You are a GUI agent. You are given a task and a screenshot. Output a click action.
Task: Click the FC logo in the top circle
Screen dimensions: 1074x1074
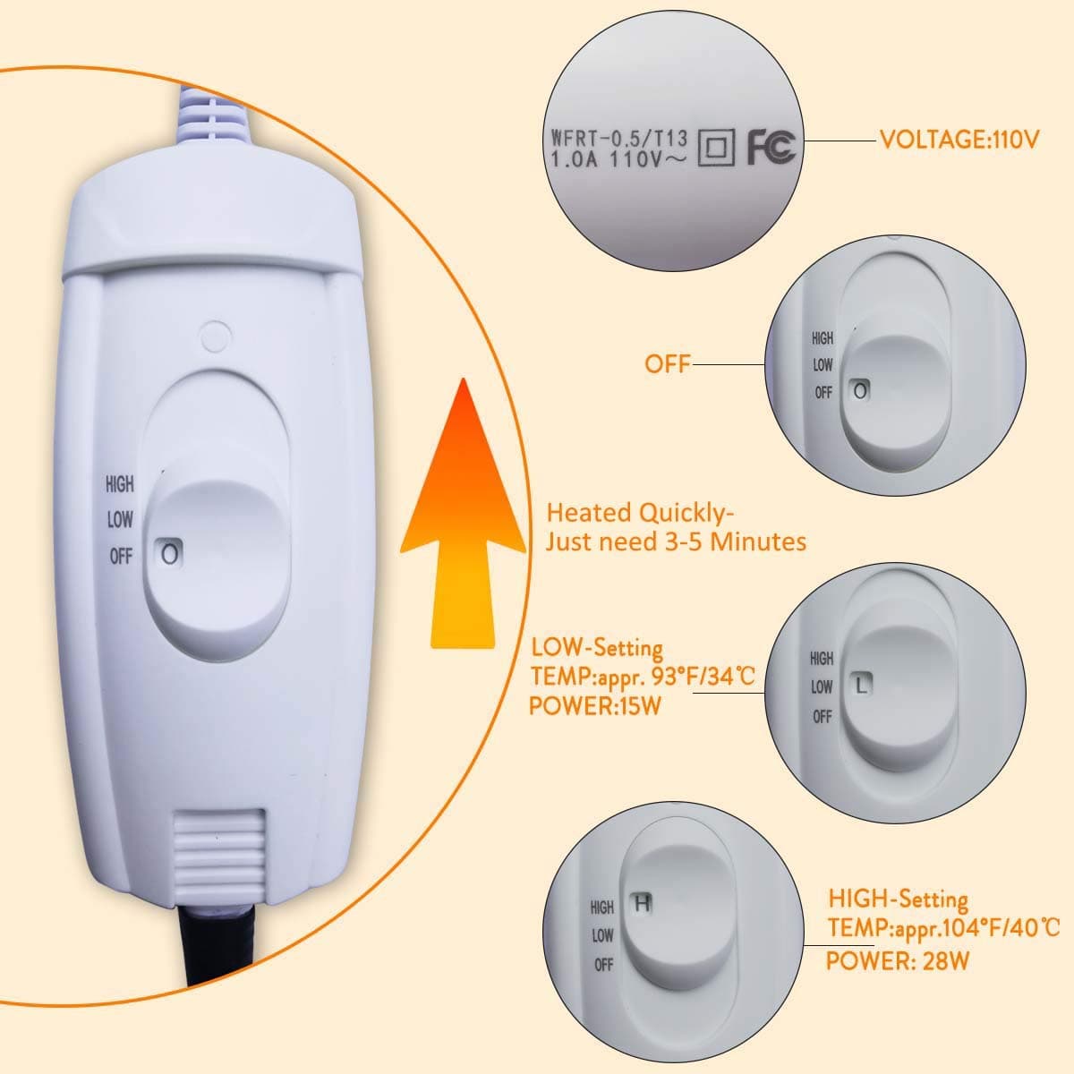tap(771, 147)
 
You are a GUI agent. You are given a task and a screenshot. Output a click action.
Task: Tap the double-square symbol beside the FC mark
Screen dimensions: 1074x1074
tap(716, 149)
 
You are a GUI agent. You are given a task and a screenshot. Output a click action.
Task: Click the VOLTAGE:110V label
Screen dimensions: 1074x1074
tap(959, 140)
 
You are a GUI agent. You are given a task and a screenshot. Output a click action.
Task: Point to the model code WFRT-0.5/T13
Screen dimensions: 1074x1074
tap(619, 138)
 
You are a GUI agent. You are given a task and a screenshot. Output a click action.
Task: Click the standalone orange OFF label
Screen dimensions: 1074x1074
tap(667, 364)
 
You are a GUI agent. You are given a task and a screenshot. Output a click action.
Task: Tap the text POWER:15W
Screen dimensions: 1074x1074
tap(594, 706)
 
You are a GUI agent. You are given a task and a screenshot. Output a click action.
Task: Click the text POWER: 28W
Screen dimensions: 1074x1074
tap(898, 961)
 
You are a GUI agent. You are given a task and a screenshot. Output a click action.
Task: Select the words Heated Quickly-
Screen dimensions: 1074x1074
tap(640, 513)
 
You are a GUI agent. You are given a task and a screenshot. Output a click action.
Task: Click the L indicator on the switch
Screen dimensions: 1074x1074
tap(862, 685)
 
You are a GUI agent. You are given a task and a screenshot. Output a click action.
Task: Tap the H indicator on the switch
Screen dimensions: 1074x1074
tap(643, 902)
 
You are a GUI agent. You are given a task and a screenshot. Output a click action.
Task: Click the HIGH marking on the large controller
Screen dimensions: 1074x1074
tap(120, 484)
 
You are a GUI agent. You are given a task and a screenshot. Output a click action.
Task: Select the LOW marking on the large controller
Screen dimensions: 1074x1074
tap(120, 520)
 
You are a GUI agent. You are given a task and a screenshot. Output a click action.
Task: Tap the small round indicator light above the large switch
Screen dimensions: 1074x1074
tap(215, 337)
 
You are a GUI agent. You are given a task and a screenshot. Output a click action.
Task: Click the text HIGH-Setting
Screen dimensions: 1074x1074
tap(898, 899)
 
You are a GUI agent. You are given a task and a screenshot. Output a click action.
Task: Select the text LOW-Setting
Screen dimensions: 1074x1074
tap(597, 648)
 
